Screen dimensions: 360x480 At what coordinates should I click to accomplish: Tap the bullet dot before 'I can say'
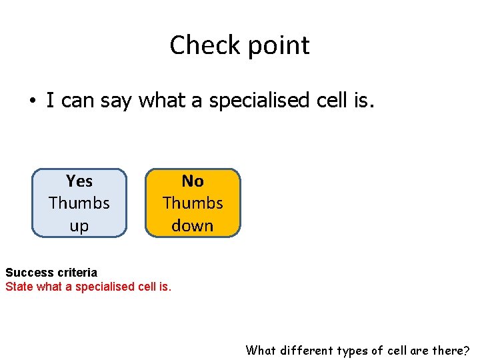31,101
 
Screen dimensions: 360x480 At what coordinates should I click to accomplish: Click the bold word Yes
79,181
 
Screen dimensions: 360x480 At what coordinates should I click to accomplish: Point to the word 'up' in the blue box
79,226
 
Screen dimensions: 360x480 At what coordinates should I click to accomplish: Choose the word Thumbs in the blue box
79,203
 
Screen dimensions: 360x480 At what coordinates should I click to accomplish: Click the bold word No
193,181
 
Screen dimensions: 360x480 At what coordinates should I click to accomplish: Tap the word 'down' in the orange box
193,225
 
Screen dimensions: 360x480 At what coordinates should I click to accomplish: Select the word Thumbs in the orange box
193,203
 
